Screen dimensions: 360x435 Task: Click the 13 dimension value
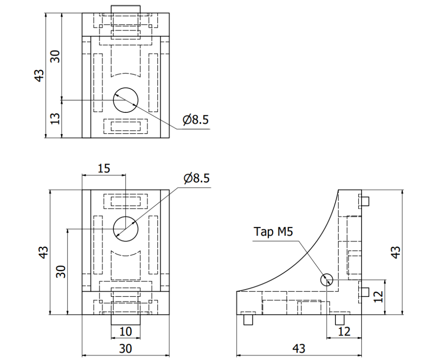click(55, 119)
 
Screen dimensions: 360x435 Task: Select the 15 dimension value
click(104, 168)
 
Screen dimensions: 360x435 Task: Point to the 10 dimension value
click(125, 332)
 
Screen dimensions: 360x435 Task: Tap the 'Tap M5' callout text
click(274, 232)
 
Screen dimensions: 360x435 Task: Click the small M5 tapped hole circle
click(326, 280)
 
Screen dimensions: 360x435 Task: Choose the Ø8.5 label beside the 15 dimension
click(196, 178)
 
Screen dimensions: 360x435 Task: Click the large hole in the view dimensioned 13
click(125, 100)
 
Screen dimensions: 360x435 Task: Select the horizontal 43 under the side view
click(298, 348)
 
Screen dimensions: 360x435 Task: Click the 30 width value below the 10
click(125, 348)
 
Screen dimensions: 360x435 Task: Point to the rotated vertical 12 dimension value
click(378, 297)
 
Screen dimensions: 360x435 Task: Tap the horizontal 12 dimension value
click(344, 332)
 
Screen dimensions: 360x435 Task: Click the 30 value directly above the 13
click(55, 55)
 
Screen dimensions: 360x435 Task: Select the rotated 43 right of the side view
click(395, 252)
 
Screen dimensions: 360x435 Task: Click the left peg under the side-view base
click(248, 320)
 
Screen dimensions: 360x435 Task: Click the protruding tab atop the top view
click(126, 9)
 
